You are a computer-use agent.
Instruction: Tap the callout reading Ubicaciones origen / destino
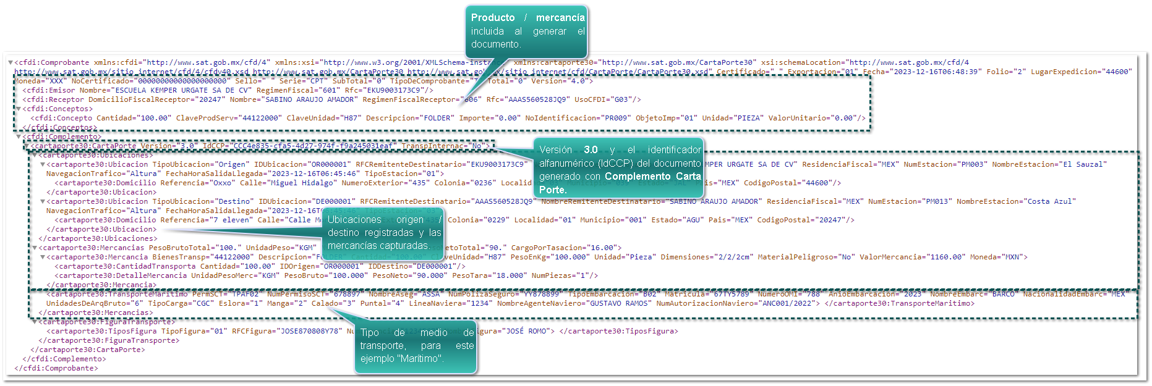point(384,232)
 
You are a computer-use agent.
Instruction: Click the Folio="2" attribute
point(1006,72)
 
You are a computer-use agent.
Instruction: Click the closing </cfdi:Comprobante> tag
point(56,368)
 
